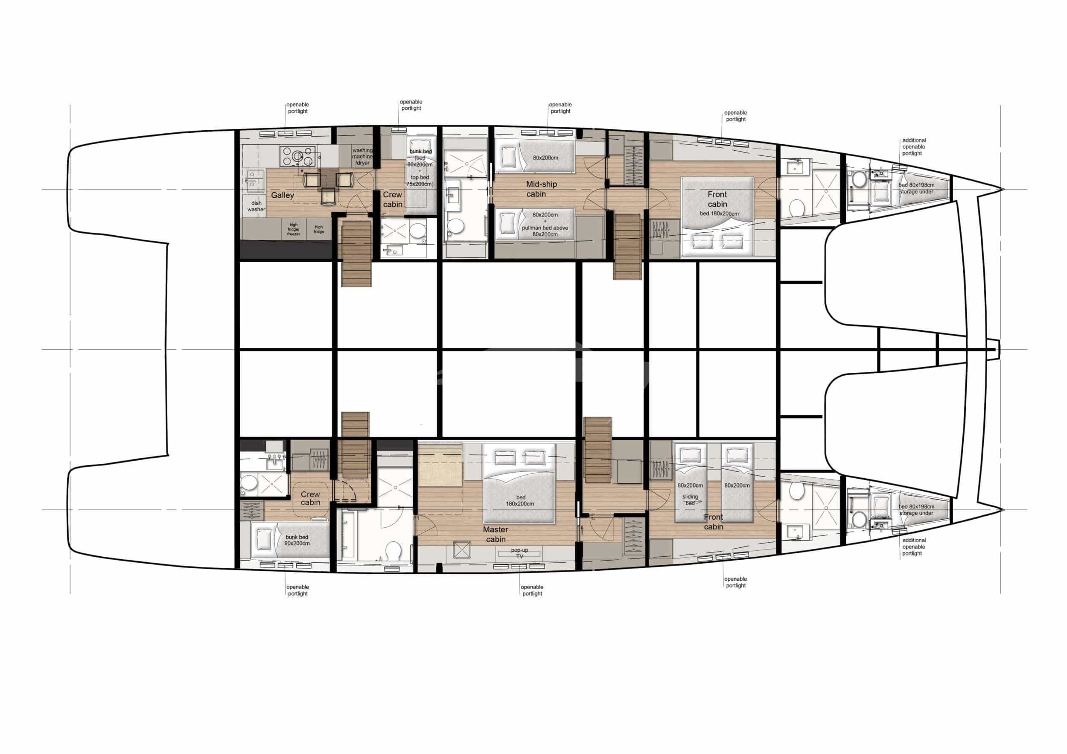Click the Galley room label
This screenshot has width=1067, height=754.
point(282,195)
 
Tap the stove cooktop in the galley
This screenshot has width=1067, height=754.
point(299,156)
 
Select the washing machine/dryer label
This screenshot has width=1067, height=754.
point(362,157)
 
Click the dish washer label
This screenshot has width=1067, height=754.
point(256,206)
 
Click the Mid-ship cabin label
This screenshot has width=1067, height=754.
point(541,189)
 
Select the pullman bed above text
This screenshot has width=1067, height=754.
point(545,228)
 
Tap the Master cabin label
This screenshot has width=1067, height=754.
point(496,534)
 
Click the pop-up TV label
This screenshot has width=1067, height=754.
point(519,553)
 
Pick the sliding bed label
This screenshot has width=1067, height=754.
point(690,500)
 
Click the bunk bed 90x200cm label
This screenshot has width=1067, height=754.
point(297,540)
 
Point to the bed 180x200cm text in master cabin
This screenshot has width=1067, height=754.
point(520,501)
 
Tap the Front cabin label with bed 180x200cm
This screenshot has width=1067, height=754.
point(717,199)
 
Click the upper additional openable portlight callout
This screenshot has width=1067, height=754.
point(914,147)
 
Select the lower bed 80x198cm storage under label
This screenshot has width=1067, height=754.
point(916,510)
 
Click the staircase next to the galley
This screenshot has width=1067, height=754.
point(356,253)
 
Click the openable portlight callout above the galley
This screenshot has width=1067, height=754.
point(297,108)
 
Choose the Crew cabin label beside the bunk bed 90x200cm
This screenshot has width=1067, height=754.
point(310,498)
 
